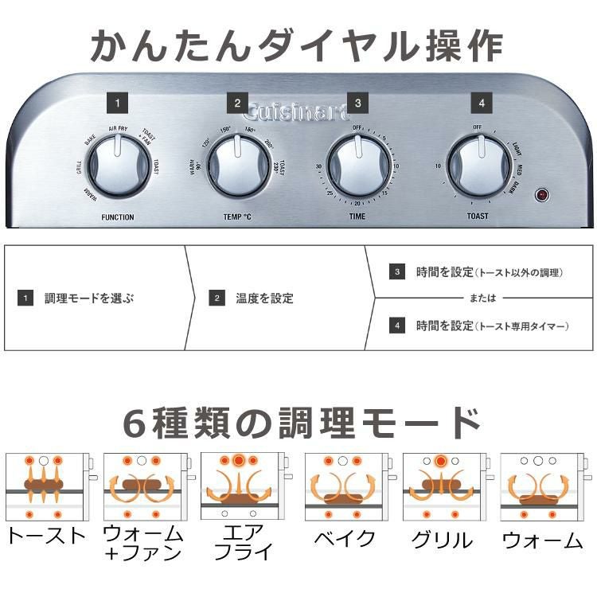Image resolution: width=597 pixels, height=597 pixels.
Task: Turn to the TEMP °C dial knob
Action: coord(237,166)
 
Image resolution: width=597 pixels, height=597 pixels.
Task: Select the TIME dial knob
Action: coord(358,166)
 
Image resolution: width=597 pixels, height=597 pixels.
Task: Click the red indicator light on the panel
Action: coord(542,194)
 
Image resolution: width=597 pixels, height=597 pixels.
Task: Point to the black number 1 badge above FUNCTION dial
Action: coord(117,103)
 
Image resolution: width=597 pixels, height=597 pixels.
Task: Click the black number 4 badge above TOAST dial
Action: coord(480,103)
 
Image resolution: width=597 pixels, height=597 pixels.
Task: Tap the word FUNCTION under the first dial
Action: coord(118,217)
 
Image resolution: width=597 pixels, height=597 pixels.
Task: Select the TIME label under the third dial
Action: coord(358,217)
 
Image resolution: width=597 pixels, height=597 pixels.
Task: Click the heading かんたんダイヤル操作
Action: coord(298,45)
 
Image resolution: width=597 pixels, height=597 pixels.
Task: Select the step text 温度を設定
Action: coord(265,298)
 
